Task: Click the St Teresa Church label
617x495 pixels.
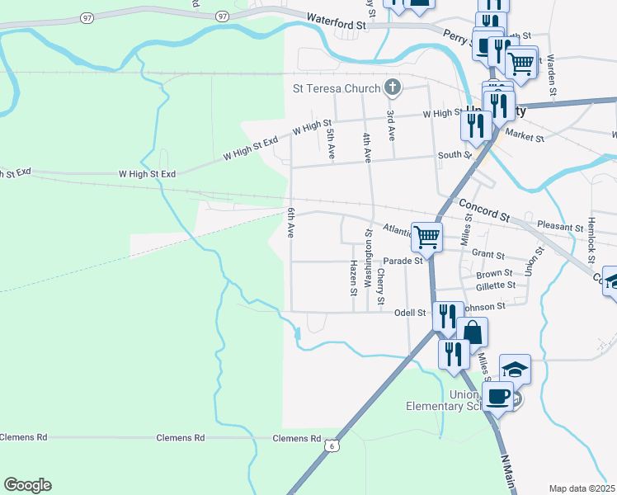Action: [x=337, y=88]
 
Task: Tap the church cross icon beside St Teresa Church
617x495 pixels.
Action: [x=393, y=87]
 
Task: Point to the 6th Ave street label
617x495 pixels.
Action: [x=291, y=224]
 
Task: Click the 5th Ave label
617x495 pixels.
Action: [x=331, y=143]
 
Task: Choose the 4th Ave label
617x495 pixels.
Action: [x=367, y=143]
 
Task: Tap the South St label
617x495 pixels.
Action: [x=455, y=154]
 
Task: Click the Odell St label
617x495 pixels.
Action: [x=410, y=313]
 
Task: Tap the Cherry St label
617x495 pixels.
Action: [x=381, y=285]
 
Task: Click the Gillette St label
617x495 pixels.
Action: [x=496, y=285]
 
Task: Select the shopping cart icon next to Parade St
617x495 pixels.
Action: [x=427, y=237]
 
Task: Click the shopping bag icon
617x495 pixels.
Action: [x=473, y=332]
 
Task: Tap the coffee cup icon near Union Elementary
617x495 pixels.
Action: [x=497, y=395]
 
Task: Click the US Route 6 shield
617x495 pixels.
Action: [x=332, y=445]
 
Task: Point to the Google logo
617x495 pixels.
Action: [x=27, y=485]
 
